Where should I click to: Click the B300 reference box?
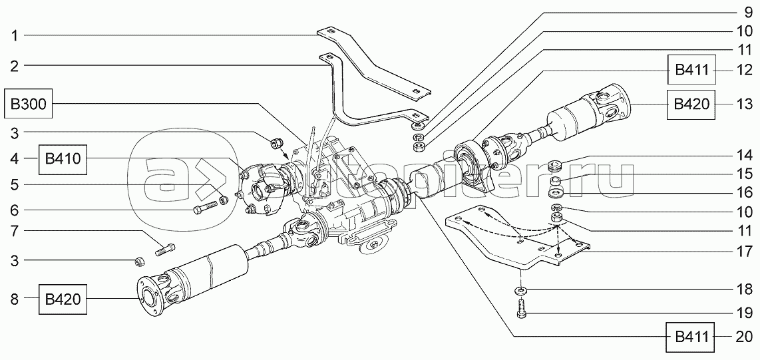[29, 105]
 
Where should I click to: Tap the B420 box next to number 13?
[692, 104]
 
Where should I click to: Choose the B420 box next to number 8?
[63, 300]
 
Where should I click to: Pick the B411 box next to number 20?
[692, 337]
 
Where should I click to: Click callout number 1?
[14, 36]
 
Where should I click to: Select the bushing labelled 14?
[554, 164]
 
